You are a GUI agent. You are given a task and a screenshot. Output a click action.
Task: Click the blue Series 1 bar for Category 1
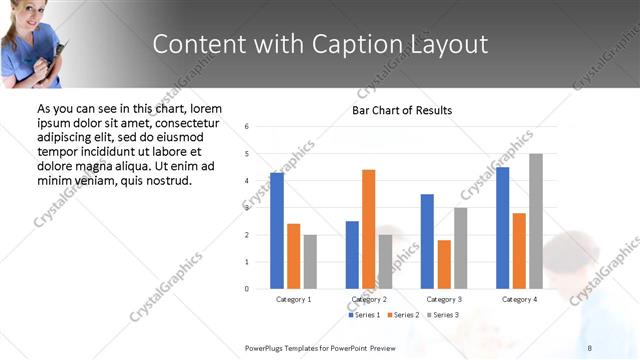277,231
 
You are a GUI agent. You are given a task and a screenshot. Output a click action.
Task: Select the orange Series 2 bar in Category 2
369,229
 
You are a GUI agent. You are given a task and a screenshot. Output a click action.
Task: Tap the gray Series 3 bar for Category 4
536,221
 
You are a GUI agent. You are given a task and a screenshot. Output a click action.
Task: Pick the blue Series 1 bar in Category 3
427,241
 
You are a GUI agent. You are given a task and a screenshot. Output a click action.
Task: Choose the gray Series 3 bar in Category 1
310,262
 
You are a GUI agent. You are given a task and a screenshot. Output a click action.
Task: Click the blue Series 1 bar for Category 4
502,228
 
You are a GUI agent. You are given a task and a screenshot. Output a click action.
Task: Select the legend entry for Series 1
364,315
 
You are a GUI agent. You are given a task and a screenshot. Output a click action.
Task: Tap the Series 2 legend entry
402,315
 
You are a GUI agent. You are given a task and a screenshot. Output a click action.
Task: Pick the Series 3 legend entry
442,315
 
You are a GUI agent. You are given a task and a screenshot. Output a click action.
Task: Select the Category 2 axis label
369,299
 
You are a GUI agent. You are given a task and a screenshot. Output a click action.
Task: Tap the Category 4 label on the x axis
519,299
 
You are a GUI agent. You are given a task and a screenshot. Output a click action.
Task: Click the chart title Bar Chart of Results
402,110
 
